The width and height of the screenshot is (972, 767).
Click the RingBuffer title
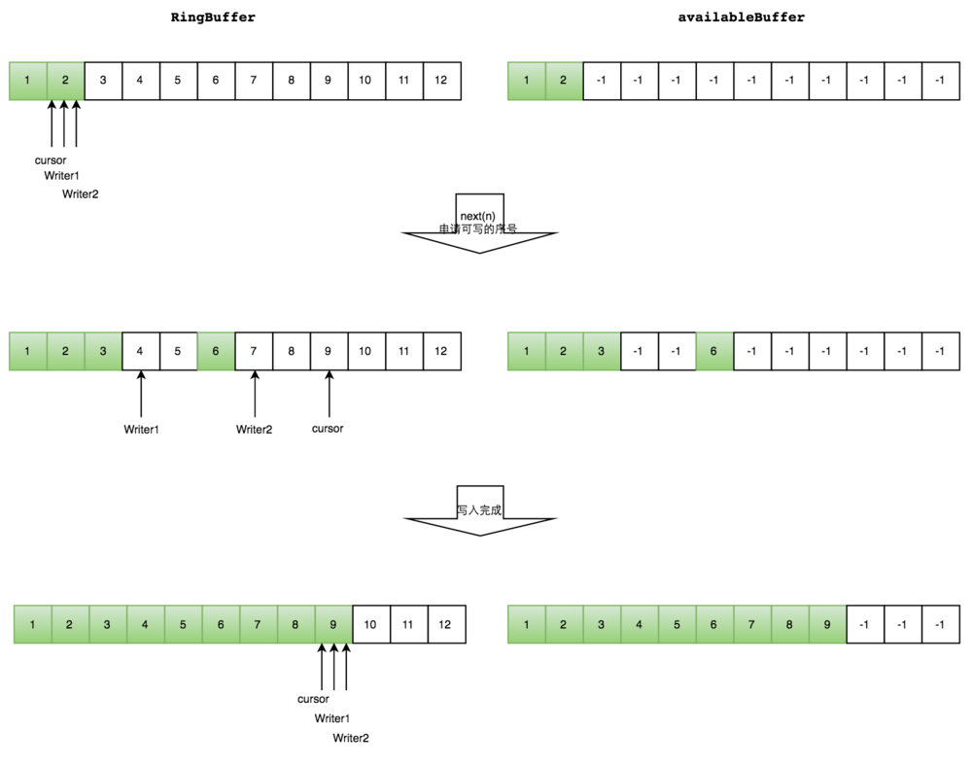coord(213,17)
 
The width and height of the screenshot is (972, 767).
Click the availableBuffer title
coord(742,17)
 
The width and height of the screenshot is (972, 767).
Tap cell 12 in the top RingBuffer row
coord(441,81)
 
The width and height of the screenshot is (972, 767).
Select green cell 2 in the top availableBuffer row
coord(564,81)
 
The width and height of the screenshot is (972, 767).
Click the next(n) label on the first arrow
coord(478,215)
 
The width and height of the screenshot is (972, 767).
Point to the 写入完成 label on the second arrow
coord(479,509)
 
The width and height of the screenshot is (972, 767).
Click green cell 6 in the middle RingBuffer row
coord(216,351)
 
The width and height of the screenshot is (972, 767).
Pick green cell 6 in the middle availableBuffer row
coord(713,351)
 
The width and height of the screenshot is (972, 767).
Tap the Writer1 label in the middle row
coord(141,429)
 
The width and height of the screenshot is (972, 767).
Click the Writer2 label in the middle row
coord(254,429)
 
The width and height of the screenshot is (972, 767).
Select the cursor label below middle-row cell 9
coord(328,428)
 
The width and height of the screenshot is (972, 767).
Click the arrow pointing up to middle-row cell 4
coord(141,393)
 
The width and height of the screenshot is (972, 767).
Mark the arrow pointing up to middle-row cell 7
coord(254,393)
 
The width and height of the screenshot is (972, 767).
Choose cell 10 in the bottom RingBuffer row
coord(370,624)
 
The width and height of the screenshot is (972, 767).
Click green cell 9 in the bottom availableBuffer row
coord(827,624)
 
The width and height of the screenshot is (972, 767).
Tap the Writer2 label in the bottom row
coord(351,738)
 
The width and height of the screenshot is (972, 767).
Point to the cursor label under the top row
coord(51,160)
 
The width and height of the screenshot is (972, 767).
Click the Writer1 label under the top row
coord(61,176)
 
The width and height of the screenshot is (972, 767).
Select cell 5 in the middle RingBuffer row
coord(178,351)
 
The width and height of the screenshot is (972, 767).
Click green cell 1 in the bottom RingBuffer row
coord(33,624)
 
